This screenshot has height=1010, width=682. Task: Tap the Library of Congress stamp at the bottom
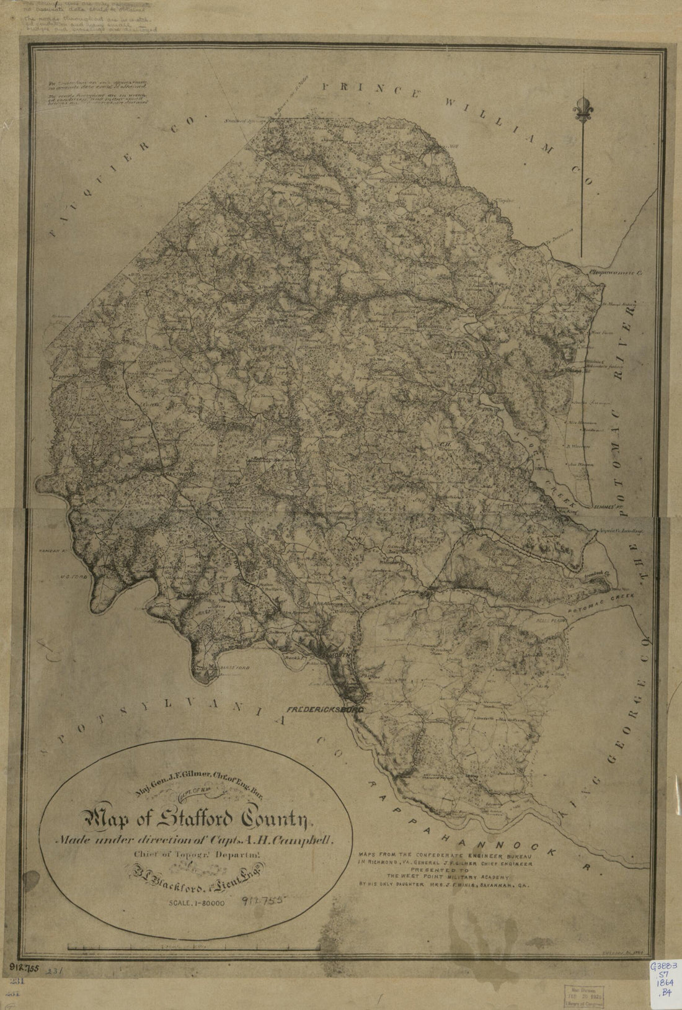coord(582,990)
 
